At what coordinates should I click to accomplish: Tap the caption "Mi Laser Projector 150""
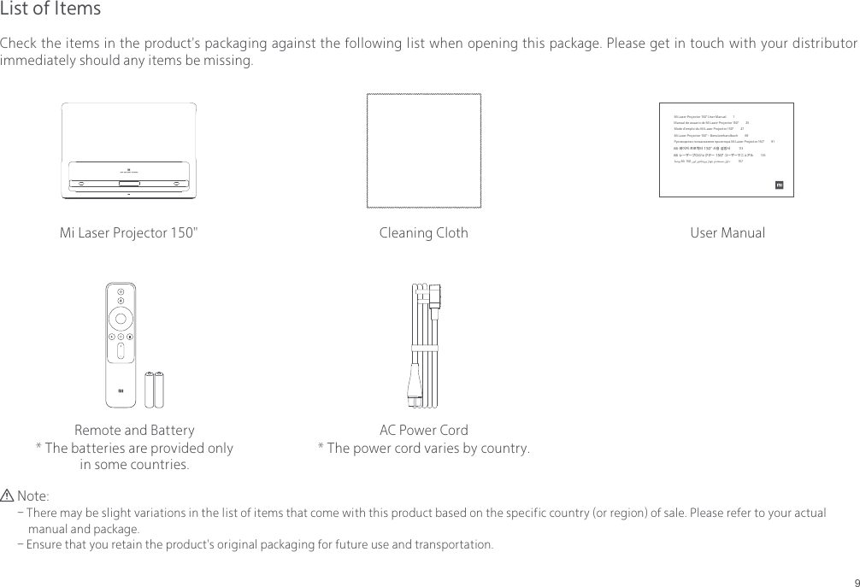[x=129, y=233]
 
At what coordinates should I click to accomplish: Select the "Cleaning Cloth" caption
[x=423, y=233]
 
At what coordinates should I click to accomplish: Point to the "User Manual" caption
[x=727, y=233]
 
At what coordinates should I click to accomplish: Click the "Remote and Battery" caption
[x=134, y=430]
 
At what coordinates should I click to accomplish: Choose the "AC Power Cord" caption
[x=423, y=430]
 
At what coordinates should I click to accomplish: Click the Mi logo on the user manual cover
[x=780, y=185]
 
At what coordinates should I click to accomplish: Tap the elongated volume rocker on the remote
[x=121, y=352]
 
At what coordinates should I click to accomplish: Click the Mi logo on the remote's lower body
[x=121, y=392]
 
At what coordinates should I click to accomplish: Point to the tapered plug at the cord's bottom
[x=415, y=389]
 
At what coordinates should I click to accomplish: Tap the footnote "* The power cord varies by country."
[x=423, y=449]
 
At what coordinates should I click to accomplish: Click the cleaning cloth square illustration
[x=423, y=150]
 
